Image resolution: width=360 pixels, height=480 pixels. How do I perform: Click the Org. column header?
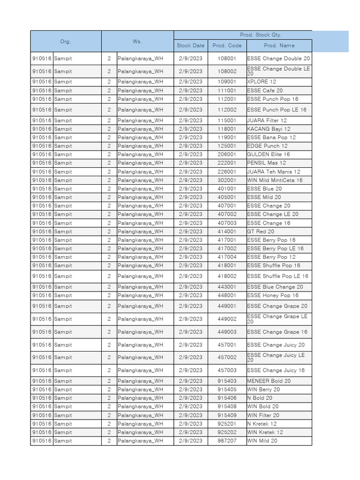coord(66,41)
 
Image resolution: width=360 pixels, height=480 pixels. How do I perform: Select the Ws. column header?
coord(137,41)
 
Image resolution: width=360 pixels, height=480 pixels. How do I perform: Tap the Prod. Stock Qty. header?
coord(261,35)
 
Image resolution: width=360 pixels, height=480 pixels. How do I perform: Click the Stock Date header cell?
coord(190,45)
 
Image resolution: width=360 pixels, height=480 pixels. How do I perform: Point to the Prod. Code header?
coord(227,45)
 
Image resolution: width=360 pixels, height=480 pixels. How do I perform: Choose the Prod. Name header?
coord(279,45)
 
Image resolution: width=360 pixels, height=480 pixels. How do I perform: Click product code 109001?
coord(227,82)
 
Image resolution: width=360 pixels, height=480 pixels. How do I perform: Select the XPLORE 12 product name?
coord(262,82)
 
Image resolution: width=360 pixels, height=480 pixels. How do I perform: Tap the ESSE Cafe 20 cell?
coord(265,90)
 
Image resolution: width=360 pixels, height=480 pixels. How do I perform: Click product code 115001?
coord(227,120)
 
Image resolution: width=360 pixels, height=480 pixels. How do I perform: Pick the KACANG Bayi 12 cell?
coord(269,129)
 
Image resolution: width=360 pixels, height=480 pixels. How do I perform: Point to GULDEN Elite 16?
coord(269,154)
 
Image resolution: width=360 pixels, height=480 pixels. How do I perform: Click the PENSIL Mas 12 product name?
coord(266,163)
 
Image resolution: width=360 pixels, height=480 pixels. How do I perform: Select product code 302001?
coord(227,180)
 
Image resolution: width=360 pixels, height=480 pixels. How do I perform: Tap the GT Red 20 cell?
coord(261,232)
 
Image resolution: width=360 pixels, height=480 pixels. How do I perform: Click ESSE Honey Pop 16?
coord(272,295)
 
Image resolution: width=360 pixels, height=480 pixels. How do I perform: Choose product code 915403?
coord(227,381)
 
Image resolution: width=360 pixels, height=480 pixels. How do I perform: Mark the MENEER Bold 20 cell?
coord(269,381)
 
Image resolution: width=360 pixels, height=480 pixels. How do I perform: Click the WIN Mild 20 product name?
coord(262,441)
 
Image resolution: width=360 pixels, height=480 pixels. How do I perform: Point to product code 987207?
coord(227,441)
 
